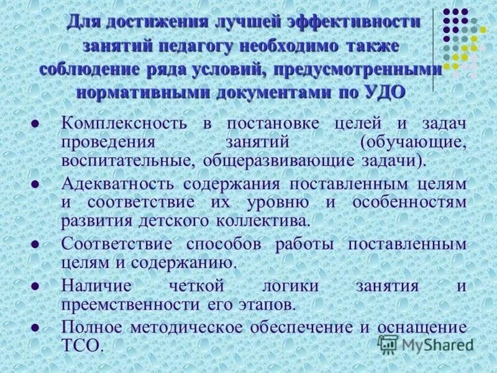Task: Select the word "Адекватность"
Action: pyautogui.click(x=118, y=183)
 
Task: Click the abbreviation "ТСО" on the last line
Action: pyautogui.click(x=80, y=346)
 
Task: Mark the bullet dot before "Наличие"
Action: pyautogui.click(x=36, y=287)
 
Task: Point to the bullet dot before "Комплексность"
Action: pyautogui.click(x=36, y=124)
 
